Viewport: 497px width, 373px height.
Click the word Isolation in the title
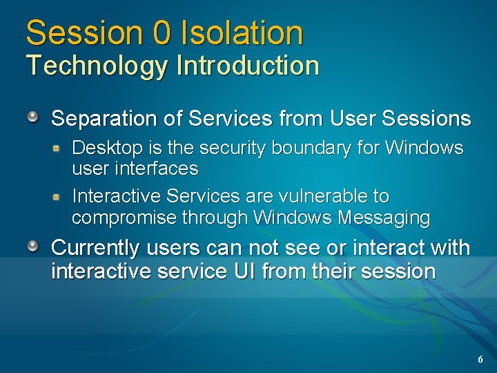click(x=242, y=32)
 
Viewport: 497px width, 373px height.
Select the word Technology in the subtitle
click(x=97, y=66)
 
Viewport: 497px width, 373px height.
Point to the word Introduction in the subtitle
click(x=248, y=66)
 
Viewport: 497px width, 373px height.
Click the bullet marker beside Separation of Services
click(x=33, y=116)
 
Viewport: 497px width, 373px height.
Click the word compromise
click(x=124, y=218)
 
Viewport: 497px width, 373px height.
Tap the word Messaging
click(x=384, y=218)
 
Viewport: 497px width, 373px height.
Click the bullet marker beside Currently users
click(x=33, y=245)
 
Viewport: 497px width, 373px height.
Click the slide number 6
click(x=480, y=359)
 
